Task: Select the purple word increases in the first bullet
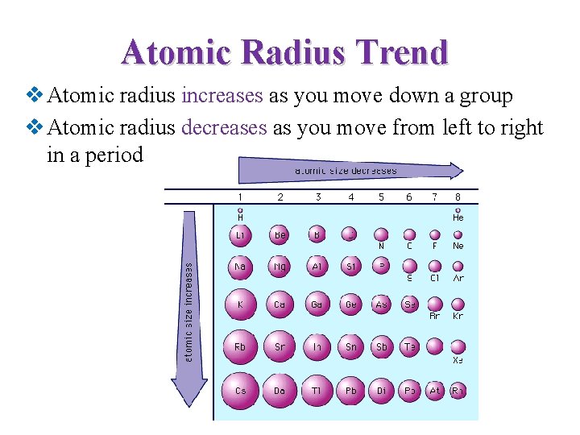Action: [222, 96]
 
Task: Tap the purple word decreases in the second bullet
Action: [224, 127]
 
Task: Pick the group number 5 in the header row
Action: [381, 196]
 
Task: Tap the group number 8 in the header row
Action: [458, 196]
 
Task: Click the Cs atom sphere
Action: [240, 390]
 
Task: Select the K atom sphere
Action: [240, 304]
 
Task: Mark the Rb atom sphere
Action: [240, 346]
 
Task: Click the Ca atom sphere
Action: [280, 304]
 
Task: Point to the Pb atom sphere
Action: [350, 390]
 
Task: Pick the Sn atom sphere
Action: [350, 346]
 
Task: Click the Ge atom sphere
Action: [350, 304]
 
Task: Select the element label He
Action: [458, 217]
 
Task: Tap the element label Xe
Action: [458, 360]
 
